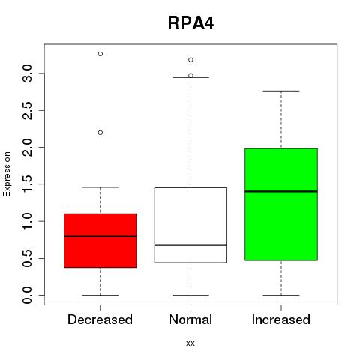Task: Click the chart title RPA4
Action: tap(190, 23)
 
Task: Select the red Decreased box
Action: tap(100, 241)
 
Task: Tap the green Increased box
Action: tap(281, 205)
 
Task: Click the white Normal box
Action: tap(190, 225)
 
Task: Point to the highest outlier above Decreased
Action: tap(100, 54)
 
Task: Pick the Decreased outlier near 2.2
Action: tap(100, 133)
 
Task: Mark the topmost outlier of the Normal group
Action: tap(190, 60)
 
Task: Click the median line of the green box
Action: tap(281, 191)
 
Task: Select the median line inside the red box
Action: tap(100, 236)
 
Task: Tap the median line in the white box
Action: tap(190, 245)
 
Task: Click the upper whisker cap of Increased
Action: tap(281, 91)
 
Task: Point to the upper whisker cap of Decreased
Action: tap(100, 187)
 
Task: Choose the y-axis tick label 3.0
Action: tap(27, 73)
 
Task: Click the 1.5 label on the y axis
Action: tap(27, 184)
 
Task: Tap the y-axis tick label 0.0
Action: tap(27, 295)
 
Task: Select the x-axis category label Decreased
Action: tap(100, 319)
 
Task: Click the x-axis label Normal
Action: tap(190, 319)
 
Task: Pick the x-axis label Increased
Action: tap(281, 319)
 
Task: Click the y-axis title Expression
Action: tap(7, 175)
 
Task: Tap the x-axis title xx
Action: tap(190, 343)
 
